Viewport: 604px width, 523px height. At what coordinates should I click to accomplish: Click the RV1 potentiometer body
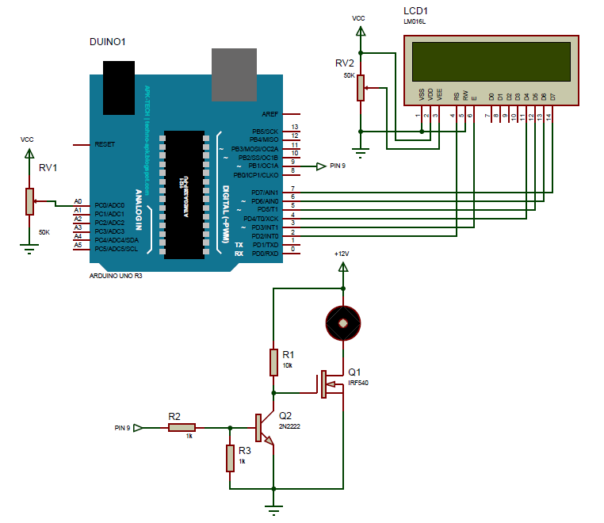point(30,201)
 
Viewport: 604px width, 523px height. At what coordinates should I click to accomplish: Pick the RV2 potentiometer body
point(361,87)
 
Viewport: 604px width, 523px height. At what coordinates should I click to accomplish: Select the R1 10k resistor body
point(273,361)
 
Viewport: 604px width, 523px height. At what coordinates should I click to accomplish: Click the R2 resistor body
point(181,428)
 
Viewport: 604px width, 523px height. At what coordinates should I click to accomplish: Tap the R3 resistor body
point(230,457)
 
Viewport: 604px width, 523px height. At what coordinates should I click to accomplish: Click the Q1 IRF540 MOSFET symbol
point(329,384)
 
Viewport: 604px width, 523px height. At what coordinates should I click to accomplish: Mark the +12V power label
point(342,253)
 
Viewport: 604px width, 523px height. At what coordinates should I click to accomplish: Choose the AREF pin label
point(270,113)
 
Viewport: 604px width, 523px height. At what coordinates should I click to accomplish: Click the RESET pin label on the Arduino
point(105,145)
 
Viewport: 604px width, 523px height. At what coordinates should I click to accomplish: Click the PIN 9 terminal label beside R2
point(120,428)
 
